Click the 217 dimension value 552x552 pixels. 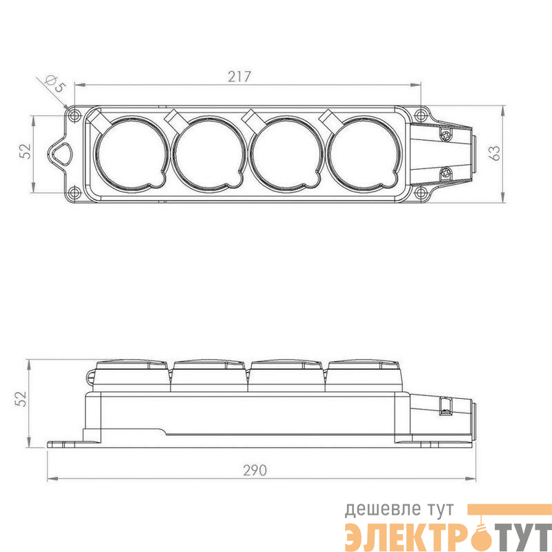(239, 77)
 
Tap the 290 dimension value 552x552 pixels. (255, 471)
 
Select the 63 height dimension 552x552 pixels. (495, 152)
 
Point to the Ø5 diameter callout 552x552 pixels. (56, 83)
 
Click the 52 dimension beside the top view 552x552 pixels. (26, 151)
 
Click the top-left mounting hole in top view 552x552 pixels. (74, 115)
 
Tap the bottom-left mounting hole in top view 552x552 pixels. (74, 193)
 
